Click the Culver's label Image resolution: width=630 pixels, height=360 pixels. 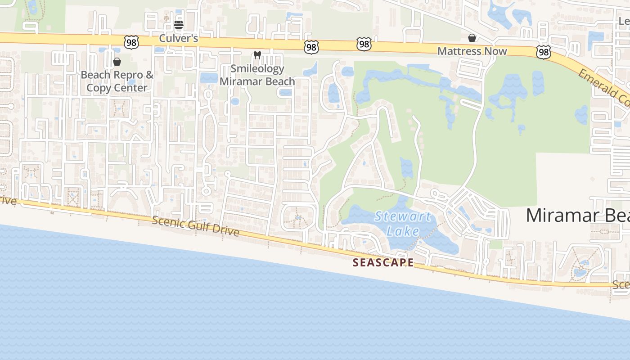point(179,39)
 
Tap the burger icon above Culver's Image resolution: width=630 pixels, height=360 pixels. point(179,25)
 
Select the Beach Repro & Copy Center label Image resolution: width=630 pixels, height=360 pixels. point(117,81)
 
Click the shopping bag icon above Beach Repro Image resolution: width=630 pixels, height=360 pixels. point(117,62)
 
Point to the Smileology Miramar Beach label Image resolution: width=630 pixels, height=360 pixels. point(257,75)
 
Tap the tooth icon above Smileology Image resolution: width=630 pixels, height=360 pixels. point(257,55)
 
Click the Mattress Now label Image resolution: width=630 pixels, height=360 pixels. point(472,51)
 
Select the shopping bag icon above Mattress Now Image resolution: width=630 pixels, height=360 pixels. point(472,38)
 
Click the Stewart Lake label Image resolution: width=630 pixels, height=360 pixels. point(403,224)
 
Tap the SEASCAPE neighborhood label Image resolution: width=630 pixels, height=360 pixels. point(383,262)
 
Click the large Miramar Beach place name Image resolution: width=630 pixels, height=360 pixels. point(578,216)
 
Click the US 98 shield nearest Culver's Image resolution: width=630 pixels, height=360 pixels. point(131,42)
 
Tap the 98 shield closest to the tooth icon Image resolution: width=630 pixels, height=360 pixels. point(311,47)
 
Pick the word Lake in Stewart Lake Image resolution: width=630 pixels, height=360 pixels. point(403,231)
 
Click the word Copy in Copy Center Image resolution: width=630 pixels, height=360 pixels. point(98,88)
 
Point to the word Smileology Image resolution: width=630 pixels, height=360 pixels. point(257,69)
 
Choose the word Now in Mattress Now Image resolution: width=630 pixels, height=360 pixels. point(496,51)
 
